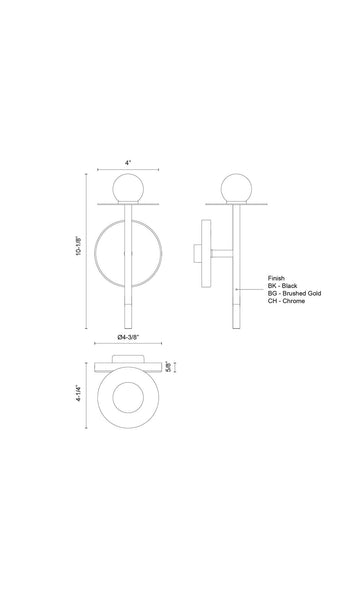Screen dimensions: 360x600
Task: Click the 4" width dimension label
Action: tap(128, 162)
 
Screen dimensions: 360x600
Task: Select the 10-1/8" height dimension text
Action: tap(78, 246)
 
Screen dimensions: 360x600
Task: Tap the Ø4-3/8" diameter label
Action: tap(128, 337)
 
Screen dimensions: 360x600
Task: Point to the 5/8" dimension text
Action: tap(168, 367)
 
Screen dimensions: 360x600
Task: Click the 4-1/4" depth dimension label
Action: tap(78, 393)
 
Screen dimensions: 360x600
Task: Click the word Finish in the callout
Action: tap(276, 278)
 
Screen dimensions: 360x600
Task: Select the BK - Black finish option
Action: tap(282, 286)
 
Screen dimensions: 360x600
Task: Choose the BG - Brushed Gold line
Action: tap(294, 293)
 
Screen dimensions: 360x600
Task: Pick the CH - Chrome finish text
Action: tap(286, 301)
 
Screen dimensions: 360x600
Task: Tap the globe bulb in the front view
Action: tap(128, 189)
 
